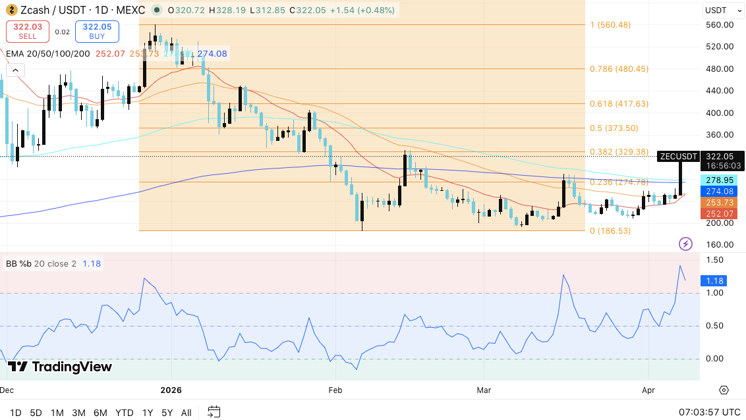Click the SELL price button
pyautogui.click(x=27, y=32)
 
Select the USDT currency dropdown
pyautogui.click(x=720, y=10)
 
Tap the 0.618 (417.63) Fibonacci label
pyautogui.click(x=619, y=103)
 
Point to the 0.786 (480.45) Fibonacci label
pyautogui.click(x=619, y=68)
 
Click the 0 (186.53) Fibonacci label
pyautogui.click(x=610, y=231)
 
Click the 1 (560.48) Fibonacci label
pyautogui.click(x=610, y=25)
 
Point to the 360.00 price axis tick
pyautogui.click(x=720, y=134)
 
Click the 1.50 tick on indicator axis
pyautogui.click(x=714, y=260)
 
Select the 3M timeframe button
pyautogui.click(x=78, y=413)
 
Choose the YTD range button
pyautogui.click(x=125, y=413)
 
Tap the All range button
pyautogui.click(x=186, y=413)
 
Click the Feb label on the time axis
pyautogui.click(x=335, y=390)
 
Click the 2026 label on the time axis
pyautogui.click(x=171, y=390)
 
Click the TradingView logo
pyautogui.click(x=60, y=367)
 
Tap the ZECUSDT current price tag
pyautogui.click(x=678, y=157)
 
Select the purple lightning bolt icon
pyautogui.click(x=685, y=244)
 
